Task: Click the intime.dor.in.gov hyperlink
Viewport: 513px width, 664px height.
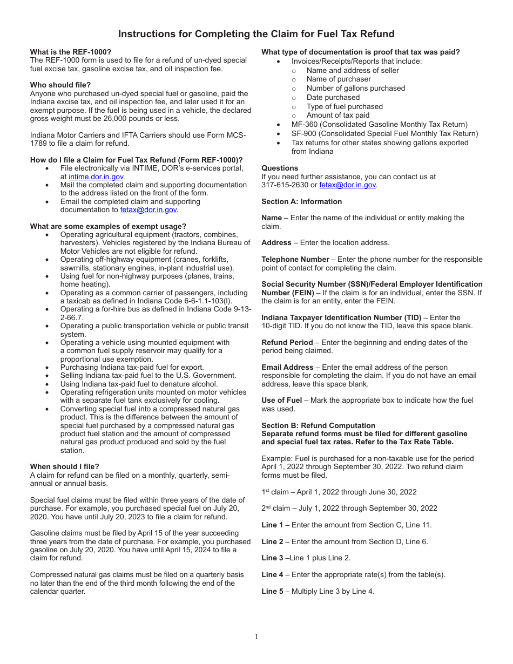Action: click(x=96, y=177)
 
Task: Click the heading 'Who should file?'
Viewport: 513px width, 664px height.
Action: click(x=60, y=85)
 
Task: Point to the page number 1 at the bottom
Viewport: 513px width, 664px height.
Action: click(x=256, y=637)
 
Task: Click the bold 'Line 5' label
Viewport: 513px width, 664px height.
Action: click(x=272, y=591)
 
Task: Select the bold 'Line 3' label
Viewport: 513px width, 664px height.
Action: click(x=272, y=558)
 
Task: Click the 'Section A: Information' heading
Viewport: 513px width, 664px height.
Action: click(x=301, y=201)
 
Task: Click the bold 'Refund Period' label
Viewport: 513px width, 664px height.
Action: click(x=287, y=342)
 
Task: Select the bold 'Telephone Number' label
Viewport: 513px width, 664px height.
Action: click(x=295, y=259)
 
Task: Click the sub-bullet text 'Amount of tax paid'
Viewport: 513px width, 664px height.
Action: click(x=338, y=115)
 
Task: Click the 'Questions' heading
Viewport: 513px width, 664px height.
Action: click(x=280, y=168)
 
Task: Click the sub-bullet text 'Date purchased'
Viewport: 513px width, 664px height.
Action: click(x=333, y=97)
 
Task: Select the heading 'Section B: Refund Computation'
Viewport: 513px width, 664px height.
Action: click(x=318, y=425)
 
